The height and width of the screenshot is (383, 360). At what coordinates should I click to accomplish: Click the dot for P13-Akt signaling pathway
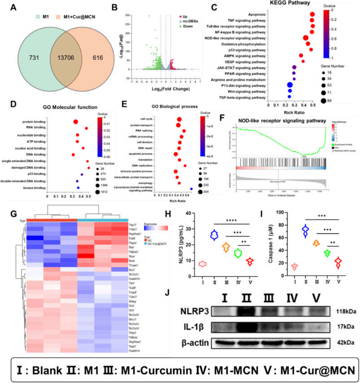[x=290, y=85]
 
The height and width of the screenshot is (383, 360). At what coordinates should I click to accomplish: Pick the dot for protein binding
[x=76, y=121]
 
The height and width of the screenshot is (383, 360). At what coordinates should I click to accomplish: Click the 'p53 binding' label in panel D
[x=34, y=174]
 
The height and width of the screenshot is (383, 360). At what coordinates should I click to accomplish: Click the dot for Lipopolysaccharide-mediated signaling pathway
[x=191, y=189]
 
